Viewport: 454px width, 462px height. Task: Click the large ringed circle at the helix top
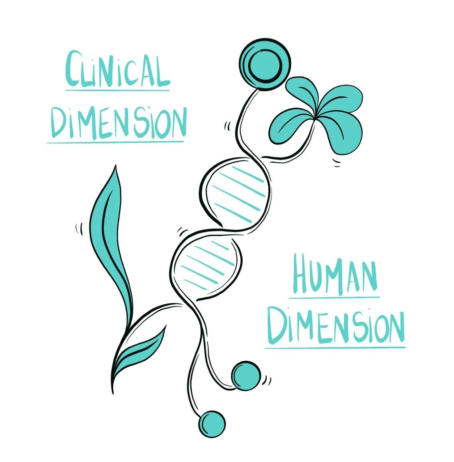(x=264, y=64)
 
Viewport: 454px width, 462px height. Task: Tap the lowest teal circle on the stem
(x=212, y=423)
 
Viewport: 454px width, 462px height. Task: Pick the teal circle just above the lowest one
(x=246, y=376)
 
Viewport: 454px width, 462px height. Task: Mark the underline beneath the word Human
(x=334, y=298)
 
